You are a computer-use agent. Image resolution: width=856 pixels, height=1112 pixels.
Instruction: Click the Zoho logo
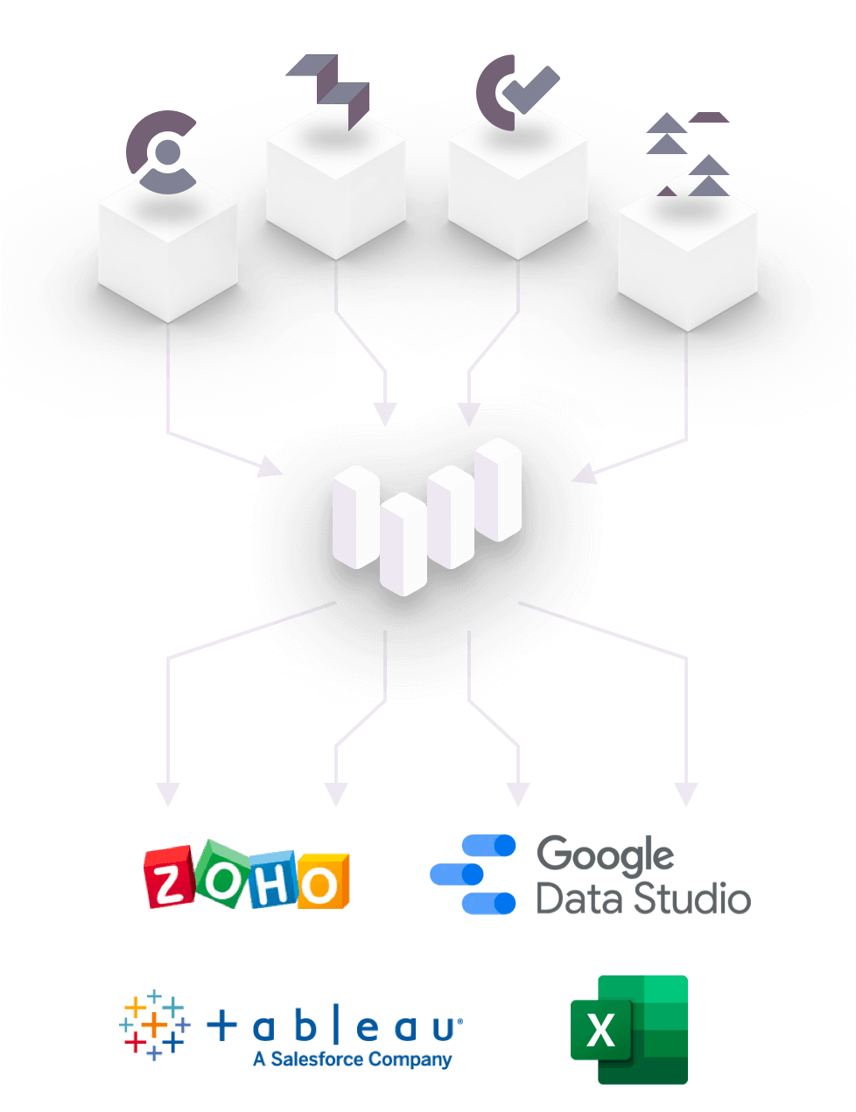tap(247, 875)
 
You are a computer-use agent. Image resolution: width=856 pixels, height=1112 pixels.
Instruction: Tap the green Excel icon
tap(629, 1029)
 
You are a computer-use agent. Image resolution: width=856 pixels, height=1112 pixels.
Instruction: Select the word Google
tap(605, 855)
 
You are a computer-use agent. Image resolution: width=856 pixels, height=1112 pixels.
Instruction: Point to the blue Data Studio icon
tap(474, 874)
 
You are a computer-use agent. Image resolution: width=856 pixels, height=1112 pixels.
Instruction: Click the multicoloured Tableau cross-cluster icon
tap(154, 1024)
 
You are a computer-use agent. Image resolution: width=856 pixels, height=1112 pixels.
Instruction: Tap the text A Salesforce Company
tap(352, 1059)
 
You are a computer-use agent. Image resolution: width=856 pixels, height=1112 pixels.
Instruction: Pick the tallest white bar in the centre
tap(498, 489)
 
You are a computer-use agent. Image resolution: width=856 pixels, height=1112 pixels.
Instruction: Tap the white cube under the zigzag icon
tap(335, 189)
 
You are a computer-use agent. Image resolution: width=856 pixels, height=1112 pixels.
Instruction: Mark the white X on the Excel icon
tap(601, 1030)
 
